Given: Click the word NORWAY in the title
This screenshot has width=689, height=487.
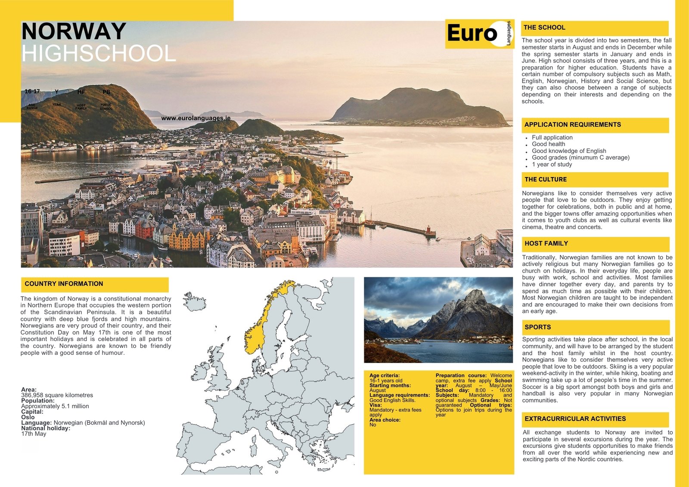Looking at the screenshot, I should (x=74, y=32).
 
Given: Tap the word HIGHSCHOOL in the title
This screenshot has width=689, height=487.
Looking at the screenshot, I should (x=99, y=54).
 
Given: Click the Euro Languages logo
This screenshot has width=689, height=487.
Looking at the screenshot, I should (x=479, y=34).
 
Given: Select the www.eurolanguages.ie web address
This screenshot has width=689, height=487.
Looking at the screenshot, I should (x=196, y=118).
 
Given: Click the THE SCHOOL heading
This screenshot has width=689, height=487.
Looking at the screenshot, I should (x=544, y=28).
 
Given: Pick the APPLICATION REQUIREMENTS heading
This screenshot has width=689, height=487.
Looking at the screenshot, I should (x=572, y=125).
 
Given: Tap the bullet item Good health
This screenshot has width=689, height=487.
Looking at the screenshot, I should (x=548, y=144).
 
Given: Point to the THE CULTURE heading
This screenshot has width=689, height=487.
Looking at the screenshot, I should (x=546, y=180).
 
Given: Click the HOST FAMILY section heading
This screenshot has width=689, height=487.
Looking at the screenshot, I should (x=546, y=244).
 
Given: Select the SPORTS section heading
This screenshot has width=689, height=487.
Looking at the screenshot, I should (x=537, y=327).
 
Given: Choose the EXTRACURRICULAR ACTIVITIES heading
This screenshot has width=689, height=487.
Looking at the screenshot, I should (x=575, y=419).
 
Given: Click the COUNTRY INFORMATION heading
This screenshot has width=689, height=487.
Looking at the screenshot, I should (x=64, y=284).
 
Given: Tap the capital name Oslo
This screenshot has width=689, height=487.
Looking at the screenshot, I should (x=28, y=417).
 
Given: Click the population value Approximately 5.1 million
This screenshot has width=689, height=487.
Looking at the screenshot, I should (x=55, y=406).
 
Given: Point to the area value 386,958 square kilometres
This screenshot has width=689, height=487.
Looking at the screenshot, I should (x=57, y=395).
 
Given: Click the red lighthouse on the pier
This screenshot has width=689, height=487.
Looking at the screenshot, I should (x=429, y=231).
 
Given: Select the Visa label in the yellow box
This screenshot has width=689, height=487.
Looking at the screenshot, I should (x=375, y=405).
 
